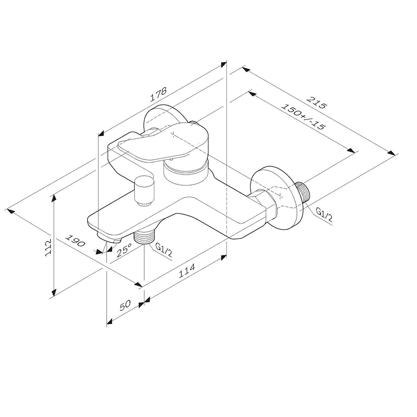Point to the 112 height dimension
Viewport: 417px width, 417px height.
(49, 247)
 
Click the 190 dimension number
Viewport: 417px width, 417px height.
(76, 242)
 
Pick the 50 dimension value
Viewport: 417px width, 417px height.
(126, 305)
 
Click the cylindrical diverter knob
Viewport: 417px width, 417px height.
(144, 190)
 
